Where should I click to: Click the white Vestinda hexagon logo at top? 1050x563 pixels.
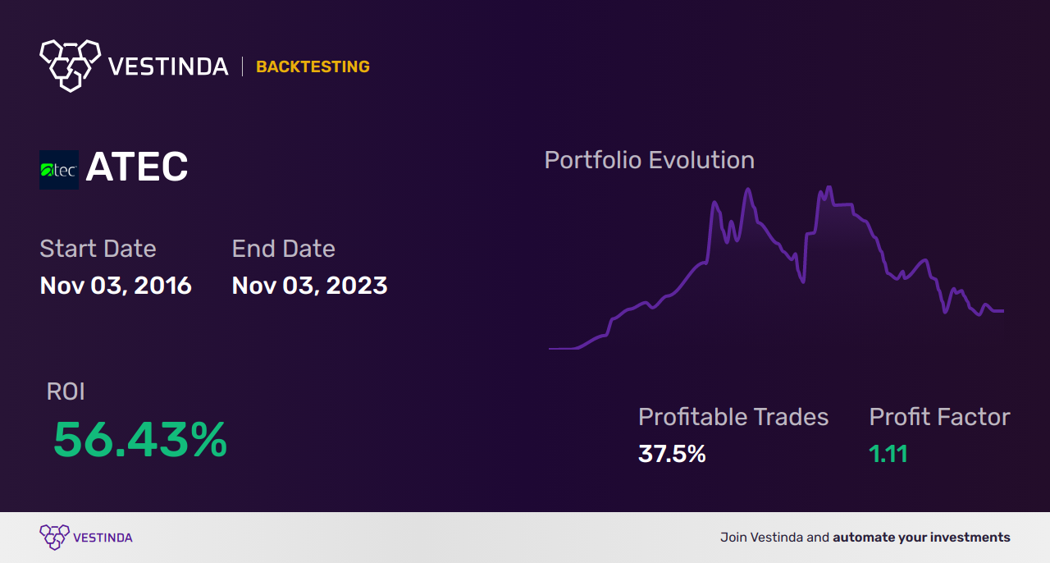[x=71, y=66]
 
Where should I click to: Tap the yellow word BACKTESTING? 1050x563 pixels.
[x=313, y=66]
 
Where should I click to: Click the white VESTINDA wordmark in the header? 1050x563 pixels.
[x=168, y=66]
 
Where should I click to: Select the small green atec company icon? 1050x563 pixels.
[x=59, y=170]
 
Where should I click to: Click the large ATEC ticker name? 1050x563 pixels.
[x=137, y=167]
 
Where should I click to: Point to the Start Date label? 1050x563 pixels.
[x=98, y=248]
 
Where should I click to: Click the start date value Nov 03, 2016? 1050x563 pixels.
[x=116, y=286]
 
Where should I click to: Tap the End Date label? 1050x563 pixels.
[x=284, y=248]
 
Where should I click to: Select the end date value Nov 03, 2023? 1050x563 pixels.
[x=310, y=286]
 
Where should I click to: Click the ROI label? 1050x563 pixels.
[x=66, y=391]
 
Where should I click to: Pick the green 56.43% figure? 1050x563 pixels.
[x=140, y=440]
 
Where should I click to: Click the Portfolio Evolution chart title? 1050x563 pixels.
[x=650, y=161]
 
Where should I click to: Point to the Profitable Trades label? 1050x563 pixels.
[x=733, y=417]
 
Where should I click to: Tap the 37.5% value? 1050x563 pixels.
[x=672, y=454]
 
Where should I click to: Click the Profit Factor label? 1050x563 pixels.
[x=939, y=417]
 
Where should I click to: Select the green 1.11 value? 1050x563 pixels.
[x=888, y=454]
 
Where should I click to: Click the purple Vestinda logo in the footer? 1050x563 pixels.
[x=86, y=538]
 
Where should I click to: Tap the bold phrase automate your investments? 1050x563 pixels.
[x=921, y=538]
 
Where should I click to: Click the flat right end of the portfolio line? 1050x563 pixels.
[x=1003, y=310]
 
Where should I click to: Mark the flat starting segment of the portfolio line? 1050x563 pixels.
[x=563, y=349]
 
